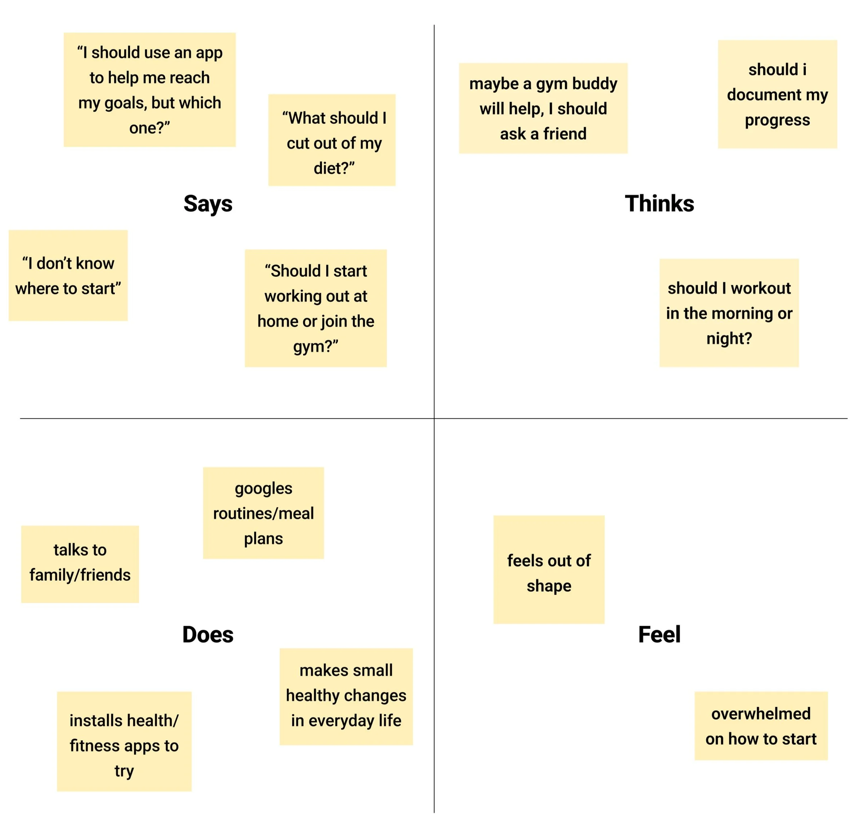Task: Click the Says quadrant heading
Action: tap(208, 204)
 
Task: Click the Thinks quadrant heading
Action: tap(659, 204)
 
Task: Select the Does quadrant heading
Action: tap(208, 634)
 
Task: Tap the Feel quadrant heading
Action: tap(659, 634)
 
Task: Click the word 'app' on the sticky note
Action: tap(209, 53)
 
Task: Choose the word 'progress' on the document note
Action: tap(778, 120)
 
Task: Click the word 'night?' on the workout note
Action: tap(729, 338)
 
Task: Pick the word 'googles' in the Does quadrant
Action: tap(264, 488)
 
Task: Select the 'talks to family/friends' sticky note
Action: tap(80, 564)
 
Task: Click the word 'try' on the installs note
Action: tap(124, 771)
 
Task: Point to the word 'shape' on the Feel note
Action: tap(549, 586)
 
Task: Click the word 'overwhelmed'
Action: tap(761, 714)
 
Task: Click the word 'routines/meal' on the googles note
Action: tap(264, 513)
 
